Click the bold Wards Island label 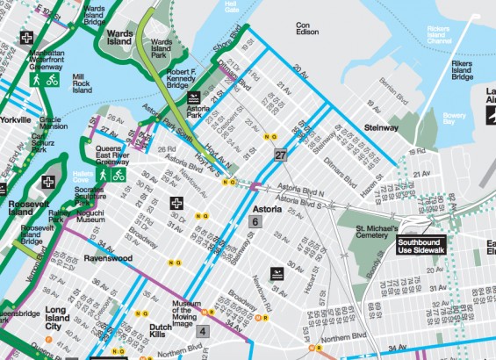coord(119,35)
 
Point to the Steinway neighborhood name coord(381,127)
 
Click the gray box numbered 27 coord(280,155)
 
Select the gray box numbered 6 coord(255,223)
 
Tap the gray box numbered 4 coord(202,331)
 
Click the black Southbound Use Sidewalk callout coord(422,246)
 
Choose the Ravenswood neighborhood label coord(107,260)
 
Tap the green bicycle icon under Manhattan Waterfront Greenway coord(52,80)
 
